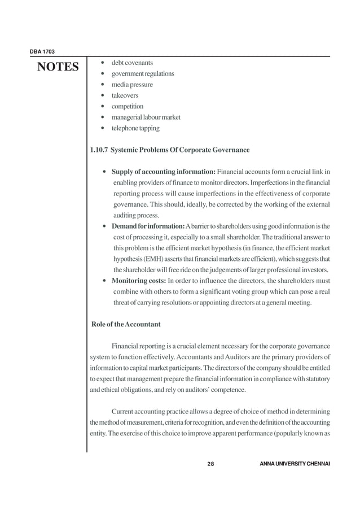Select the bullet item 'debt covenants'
[x=131, y=63]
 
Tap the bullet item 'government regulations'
[x=142, y=73]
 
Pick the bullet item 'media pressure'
[x=131, y=85]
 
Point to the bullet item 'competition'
[x=127, y=106]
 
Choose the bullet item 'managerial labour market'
[x=146, y=117]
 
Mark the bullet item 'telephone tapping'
[x=135, y=128]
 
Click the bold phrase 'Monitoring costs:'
[x=138, y=281]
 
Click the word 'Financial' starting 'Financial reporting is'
[x=127, y=346]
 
